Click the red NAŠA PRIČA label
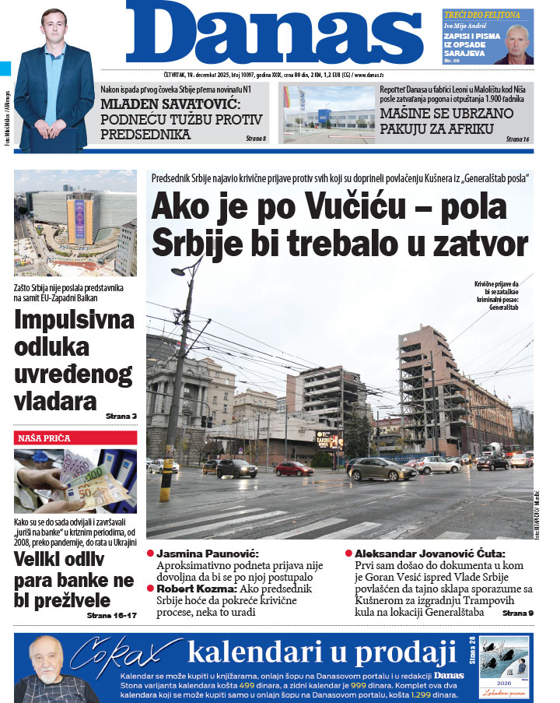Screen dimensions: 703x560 pyautogui.click(x=44, y=438)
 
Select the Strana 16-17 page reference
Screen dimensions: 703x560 pyautogui.click(x=112, y=615)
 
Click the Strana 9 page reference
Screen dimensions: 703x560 pyautogui.click(x=518, y=613)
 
